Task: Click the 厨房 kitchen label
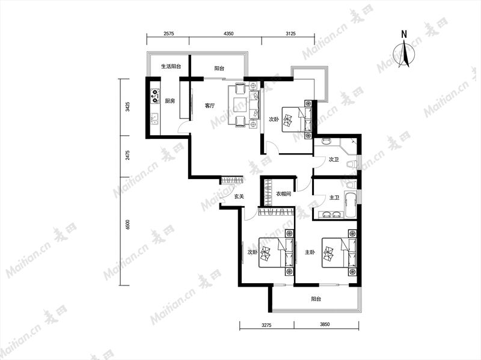point(170,101)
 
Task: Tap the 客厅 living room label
point(209,106)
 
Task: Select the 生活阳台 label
point(171,66)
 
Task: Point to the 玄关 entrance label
point(239,197)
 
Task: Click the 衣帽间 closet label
point(283,194)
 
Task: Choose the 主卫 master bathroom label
point(334,198)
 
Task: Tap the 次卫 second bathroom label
point(334,160)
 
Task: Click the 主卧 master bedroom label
point(310,252)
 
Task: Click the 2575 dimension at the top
point(168,34)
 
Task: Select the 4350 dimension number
point(228,34)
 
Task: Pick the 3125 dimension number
point(290,34)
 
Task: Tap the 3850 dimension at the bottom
point(325,325)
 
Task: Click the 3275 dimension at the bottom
point(266,325)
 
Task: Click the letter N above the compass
point(404,34)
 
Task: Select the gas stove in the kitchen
point(155,96)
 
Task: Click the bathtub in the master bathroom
point(351,204)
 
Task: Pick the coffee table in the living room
point(239,106)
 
